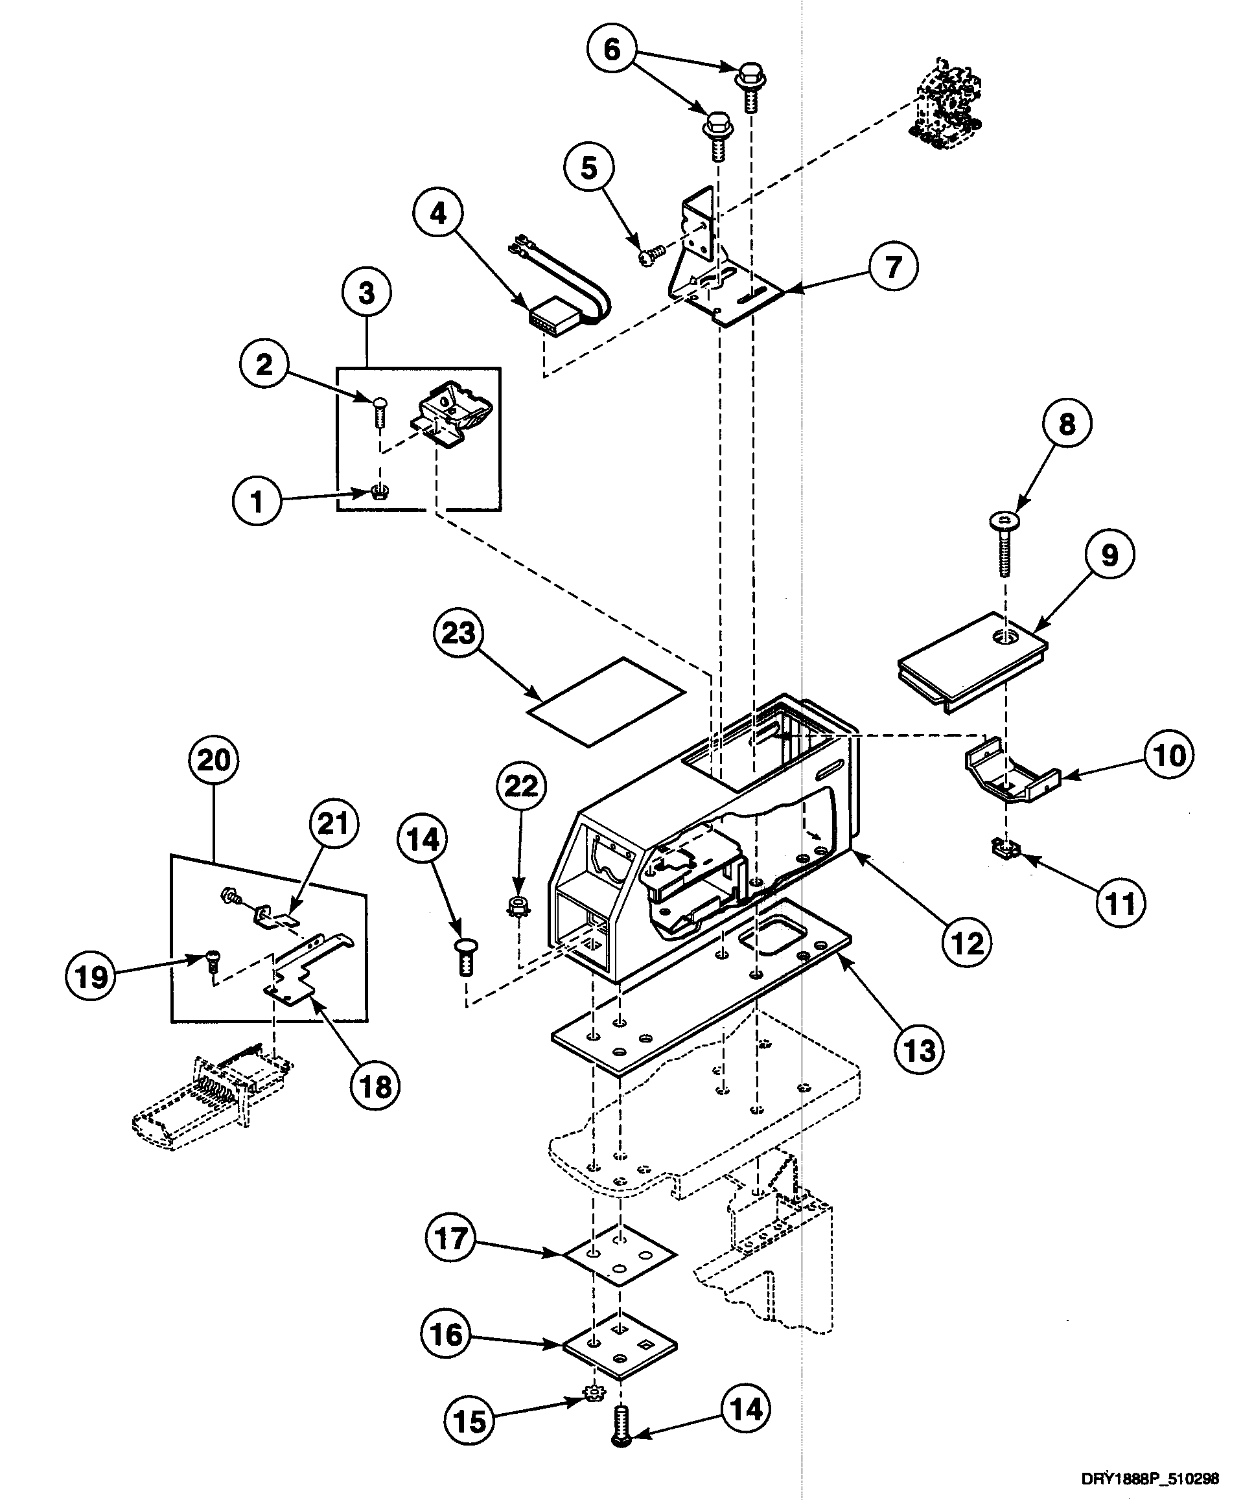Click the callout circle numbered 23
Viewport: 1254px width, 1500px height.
click(x=458, y=633)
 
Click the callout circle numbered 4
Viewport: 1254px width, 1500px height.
click(x=437, y=213)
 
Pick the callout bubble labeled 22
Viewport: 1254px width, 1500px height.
click(x=521, y=786)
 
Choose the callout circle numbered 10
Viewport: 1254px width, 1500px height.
click(x=1169, y=755)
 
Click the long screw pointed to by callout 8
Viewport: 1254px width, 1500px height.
click(x=1004, y=545)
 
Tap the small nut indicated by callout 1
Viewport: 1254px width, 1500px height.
click(x=381, y=492)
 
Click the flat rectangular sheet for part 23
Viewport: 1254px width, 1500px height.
click(x=606, y=702)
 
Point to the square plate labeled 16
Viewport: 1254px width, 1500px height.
click(x=620, y=1347)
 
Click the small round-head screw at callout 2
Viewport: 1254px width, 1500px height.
click(x=378, y=413)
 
